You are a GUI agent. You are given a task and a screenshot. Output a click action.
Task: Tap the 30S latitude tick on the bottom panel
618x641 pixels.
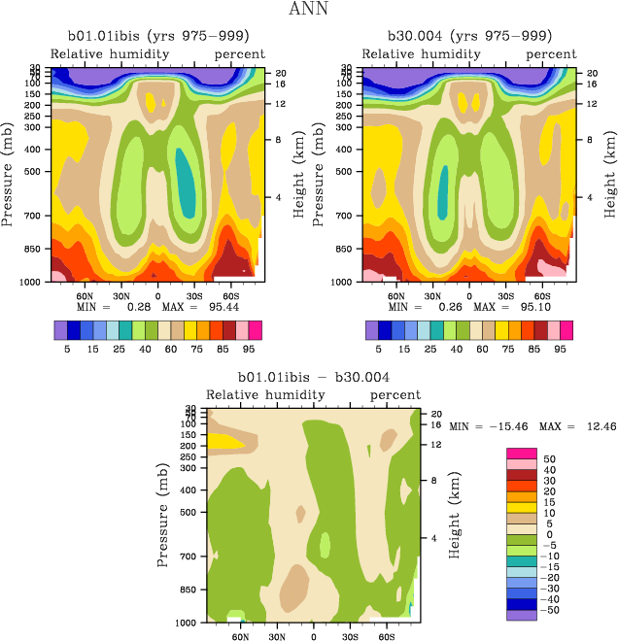tap(350, 638)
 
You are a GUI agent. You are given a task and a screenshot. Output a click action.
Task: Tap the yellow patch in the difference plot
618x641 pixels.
tap(224, 441)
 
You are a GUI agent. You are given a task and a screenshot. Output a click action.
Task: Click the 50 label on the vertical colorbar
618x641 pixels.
tap(549, 458)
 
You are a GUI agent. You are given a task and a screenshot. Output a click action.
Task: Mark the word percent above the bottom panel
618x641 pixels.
tap(396, 395)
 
